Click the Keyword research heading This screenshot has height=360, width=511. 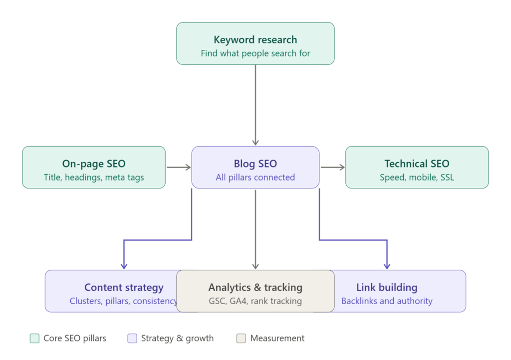[x=255, y=40]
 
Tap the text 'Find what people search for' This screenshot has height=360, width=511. [x=255, y=53]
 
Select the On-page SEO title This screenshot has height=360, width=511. [x=94, y=164]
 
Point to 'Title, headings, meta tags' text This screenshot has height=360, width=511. [x=94, y=177]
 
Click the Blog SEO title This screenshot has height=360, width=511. [x=255, y=164]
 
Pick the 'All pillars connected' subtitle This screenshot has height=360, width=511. [x=255, y=177]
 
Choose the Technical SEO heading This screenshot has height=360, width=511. [x=417, y=164]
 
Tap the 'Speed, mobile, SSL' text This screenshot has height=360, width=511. [x=417, y=177]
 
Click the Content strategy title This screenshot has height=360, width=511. [x=124, y=287]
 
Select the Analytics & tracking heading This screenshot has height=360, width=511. [x=255, y=287]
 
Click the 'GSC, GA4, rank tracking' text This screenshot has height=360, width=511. [x=255, y=301]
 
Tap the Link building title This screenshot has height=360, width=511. [x=387, y=287]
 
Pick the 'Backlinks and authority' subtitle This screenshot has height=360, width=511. [x=387, y=301]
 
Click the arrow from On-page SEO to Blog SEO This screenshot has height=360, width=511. [x=178, y=167]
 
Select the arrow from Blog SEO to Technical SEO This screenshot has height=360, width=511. [x=332, y=167]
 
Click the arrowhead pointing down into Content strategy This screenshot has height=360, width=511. [x=124, y=266]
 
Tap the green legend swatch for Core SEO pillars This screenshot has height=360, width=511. [x=34, y=339]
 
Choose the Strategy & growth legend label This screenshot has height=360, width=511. [x=177, y=339]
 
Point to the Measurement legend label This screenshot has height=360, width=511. [x=277, y=339]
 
